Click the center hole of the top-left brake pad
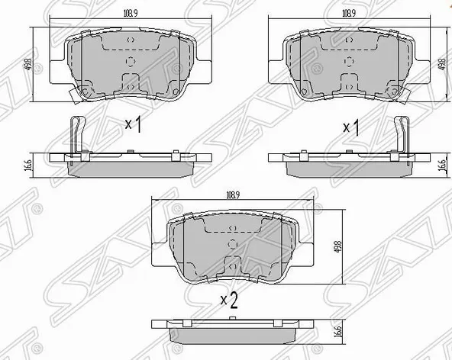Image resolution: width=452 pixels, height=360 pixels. click(x=128, y=63)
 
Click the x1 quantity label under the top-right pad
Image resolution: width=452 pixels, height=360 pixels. click(x=351, y=126)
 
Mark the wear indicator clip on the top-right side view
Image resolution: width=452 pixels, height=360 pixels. click(x=402, y=133)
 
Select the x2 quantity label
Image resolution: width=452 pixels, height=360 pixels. click(x=229, y=299)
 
